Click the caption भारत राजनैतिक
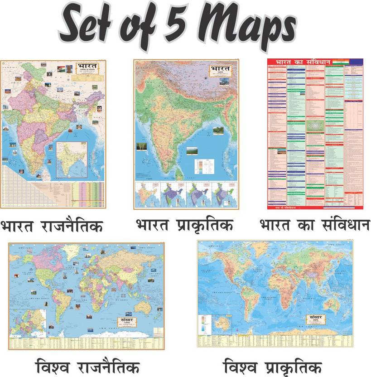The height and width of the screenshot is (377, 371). coord(52,225)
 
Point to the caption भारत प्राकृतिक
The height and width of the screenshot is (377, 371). coord(184,224)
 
